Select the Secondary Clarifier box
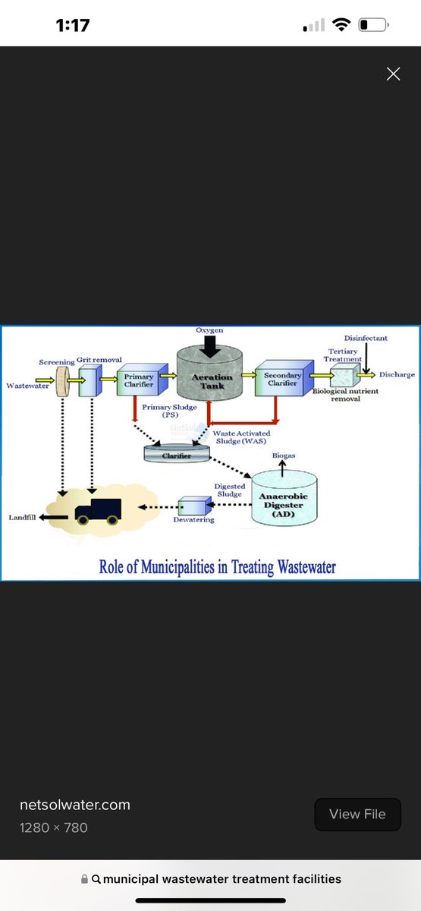(x=284, y=378)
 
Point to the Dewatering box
(x=195, y=506)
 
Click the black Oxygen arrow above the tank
(x=210, y=347)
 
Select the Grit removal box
(x=90, y=380)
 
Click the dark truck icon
(x=99, y=511)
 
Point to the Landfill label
(x=22, y=517)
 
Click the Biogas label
(x=284, y=455)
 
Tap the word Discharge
(x=397, y=374)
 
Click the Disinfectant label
(x=366, y=338)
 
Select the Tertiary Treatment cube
(x=345, y=375)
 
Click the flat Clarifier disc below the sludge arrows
(x=177, y=453)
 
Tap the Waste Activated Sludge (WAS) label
(x=241, y=437)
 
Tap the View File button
(x=357, y=814)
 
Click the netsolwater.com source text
(x=75, y=805)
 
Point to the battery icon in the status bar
(x=373, y=25)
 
